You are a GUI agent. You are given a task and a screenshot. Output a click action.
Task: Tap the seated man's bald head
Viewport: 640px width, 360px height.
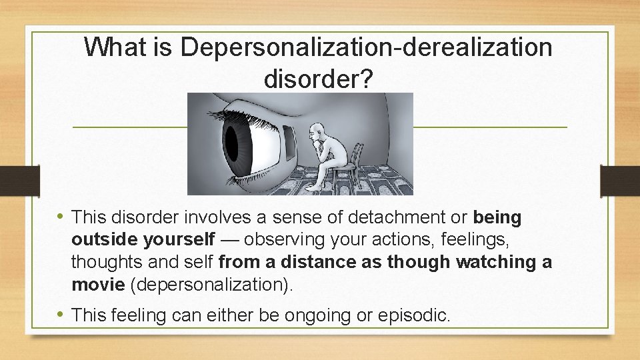tap(319, 129)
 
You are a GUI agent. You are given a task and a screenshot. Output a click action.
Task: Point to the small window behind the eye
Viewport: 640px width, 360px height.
tap(289, 142)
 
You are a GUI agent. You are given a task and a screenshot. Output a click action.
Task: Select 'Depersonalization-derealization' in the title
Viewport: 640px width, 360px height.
tap(366, 47)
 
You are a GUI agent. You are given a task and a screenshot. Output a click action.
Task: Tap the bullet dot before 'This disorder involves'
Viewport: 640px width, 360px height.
tap(61, 216)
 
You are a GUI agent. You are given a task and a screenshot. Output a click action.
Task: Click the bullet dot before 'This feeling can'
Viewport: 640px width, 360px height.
tap(61, 313)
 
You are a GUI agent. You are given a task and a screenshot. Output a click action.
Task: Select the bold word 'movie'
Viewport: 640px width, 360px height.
tap(98, 285)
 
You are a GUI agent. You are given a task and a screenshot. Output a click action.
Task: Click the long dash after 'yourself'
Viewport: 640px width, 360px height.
tap(229, 240)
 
